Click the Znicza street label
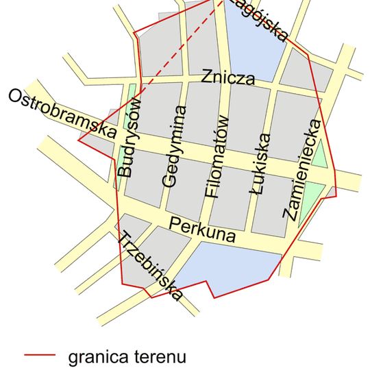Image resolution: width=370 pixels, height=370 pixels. click(x=228, y=77)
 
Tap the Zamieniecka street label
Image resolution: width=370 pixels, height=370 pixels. click(x=301, y=169)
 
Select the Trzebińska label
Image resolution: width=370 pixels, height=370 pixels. click(x=151, y=267)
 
